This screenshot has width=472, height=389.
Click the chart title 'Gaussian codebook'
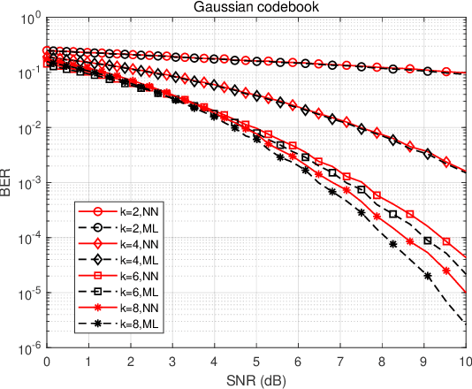pyautogui.click(x=255, y=8)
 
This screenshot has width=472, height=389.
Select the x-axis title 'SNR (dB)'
pyautogui.click(x=255, y=380)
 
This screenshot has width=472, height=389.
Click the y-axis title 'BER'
pyautogui.click(x=8, y=183)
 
